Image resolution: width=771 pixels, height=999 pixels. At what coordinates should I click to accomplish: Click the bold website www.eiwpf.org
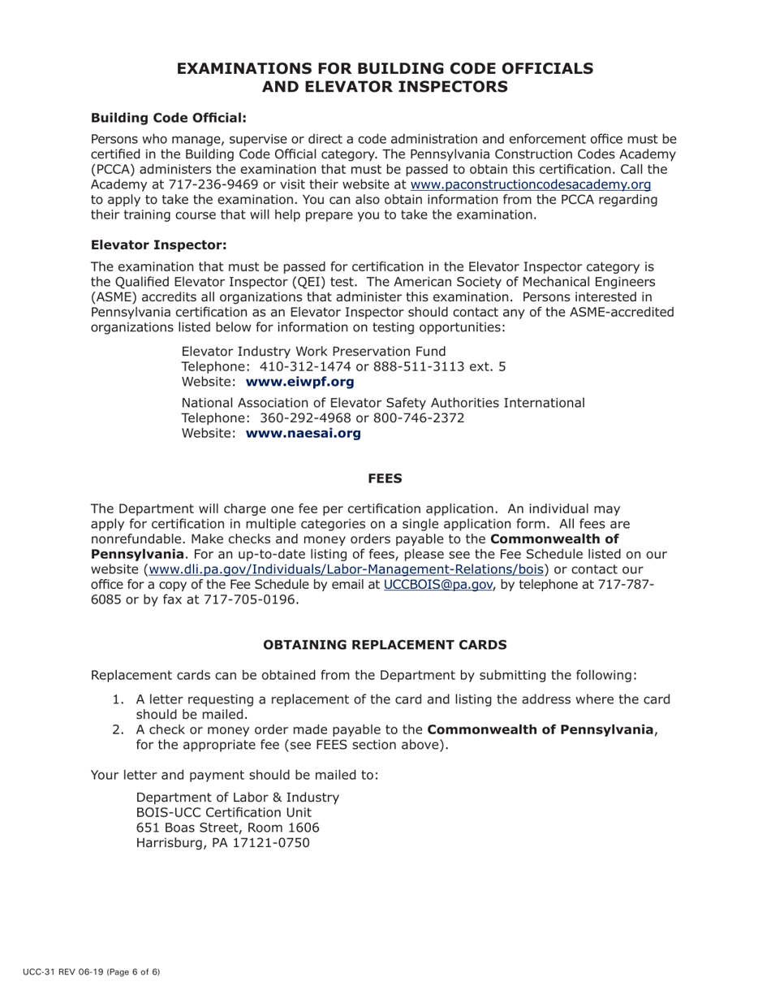click(x=299, y=382)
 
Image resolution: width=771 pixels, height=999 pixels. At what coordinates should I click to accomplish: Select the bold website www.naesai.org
click(x=303, y=434)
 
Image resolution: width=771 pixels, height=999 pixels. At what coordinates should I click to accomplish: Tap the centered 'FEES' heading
click(x=385, y=478)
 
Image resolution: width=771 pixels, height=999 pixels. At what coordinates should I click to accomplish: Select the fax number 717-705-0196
click(x=252, y=601)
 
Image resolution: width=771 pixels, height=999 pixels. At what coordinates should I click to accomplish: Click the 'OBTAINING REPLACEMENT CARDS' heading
click(x=385, y=645)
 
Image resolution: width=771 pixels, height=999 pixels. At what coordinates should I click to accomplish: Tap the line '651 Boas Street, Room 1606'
click(x=227, y=828)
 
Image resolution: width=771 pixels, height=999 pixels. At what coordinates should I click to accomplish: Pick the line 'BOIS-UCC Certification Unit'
click(x=223, y=812)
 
